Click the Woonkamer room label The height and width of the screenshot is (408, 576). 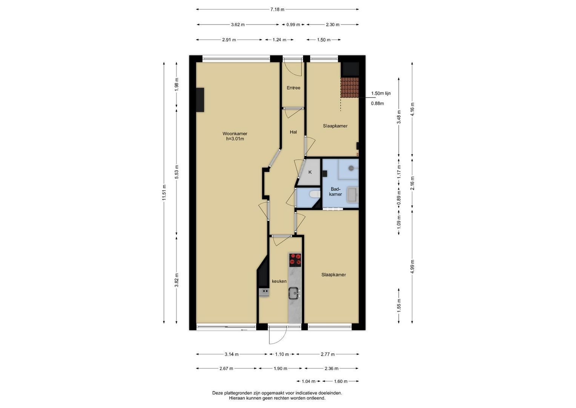[x=235, y=134]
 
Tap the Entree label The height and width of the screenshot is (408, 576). [x=293, y=88]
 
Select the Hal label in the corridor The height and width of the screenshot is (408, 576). [x=293, y=132]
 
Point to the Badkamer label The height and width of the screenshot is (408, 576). [x=335, y=192]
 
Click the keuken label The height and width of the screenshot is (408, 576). [x=279, y=281]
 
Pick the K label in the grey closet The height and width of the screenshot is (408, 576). [x=310, y=172]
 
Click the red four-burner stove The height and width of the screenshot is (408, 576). [x=295, y=260]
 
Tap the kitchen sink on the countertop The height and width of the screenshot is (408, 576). [x=295, y=293]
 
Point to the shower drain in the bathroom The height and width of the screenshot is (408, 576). [x=351, y=168]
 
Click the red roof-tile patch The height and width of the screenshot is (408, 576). [x=349, y=88]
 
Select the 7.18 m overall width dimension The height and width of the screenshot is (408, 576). [x=277, y=9]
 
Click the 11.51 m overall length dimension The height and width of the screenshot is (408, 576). [x=164, y=193]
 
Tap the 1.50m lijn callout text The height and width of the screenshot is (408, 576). [x=381, y=93]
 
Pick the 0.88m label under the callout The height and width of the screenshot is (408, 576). [x=377, y=104]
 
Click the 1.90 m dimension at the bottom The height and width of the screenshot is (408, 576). [x=280, y=369]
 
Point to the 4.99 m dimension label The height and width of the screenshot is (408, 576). [x=412, y=266]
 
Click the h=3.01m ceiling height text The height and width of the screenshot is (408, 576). [x=235, y=139]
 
